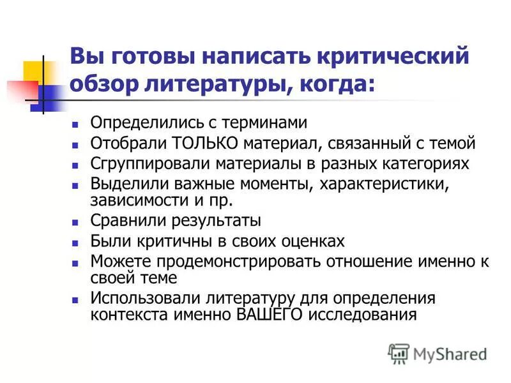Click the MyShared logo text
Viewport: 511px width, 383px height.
pos(449,352)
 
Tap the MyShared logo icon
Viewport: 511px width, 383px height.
pos(399,352)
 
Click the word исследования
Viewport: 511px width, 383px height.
pos(362,315)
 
